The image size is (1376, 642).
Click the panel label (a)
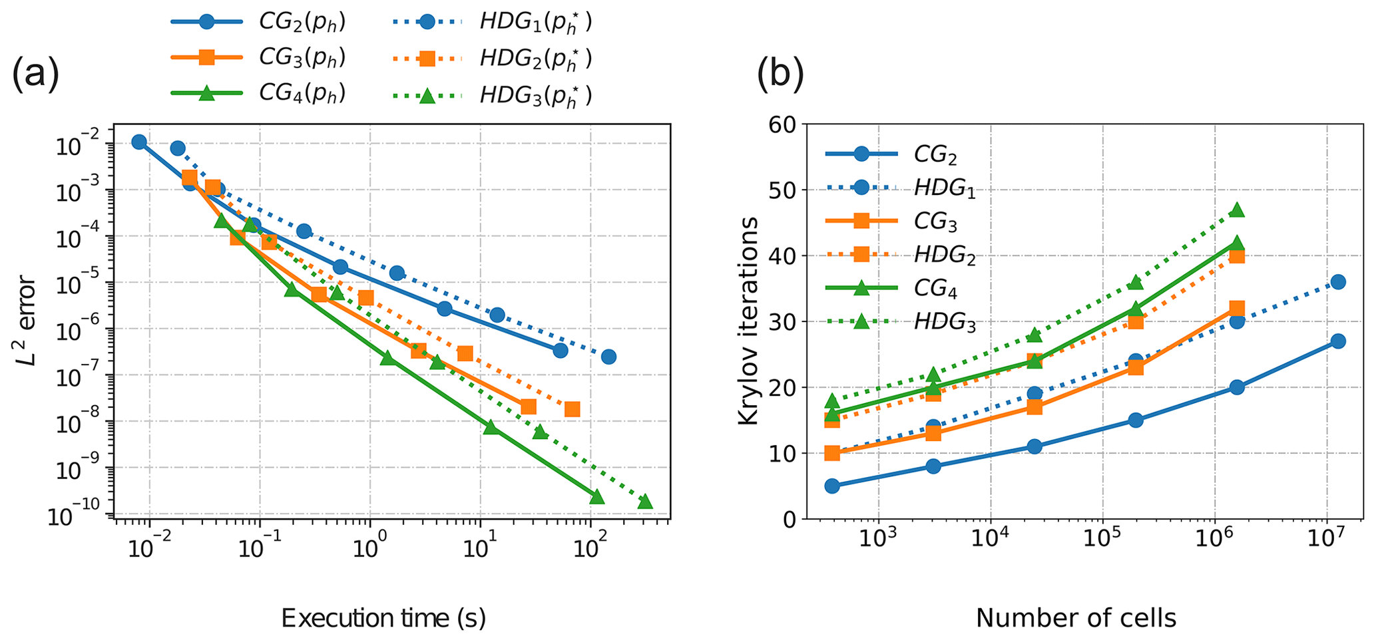[x=36, y=75]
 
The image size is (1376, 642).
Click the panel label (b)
[x=780, y=75]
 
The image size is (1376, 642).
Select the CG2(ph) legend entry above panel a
[x=302, y=22]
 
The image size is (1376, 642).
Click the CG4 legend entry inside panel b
[x=935, y=289]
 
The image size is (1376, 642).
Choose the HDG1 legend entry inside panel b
[x=945, y=188]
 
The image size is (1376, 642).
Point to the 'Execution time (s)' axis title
[x=383, y=618]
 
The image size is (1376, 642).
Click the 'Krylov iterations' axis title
[x=749, y=321]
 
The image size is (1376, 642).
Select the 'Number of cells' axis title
[x=1076, y=618]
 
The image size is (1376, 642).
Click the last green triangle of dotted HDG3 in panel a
[x=644, y=502]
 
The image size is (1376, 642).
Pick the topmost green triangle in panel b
[x=1237, y=210]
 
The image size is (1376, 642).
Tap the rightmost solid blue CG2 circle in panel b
[x=1338, y=341]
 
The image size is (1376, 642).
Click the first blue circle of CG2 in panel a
[x=139, y=142]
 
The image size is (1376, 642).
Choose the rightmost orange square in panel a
[x=572, y=409]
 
